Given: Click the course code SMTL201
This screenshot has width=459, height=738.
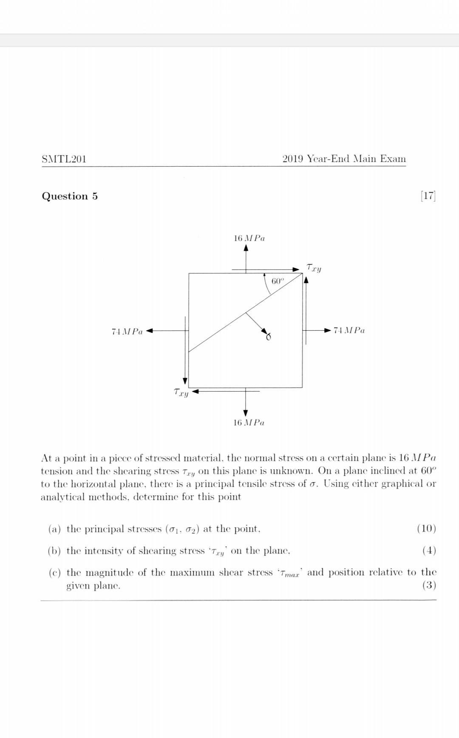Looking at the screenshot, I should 64,159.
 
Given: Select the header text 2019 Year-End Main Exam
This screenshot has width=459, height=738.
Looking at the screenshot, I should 344,159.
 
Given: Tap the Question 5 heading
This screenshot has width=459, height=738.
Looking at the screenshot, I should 70,196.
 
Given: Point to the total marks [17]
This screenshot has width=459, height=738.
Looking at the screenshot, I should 428,196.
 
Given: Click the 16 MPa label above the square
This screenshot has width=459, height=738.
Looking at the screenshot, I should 249,238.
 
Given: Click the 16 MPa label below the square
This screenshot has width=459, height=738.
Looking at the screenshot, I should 249,423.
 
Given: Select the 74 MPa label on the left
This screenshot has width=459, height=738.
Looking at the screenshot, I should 127,331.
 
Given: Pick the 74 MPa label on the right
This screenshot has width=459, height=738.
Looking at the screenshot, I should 349,330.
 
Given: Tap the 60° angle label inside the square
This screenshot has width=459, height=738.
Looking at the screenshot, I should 277,281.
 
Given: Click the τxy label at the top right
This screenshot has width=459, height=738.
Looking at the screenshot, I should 314,268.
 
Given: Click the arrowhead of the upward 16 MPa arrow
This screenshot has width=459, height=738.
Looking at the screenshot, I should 246,249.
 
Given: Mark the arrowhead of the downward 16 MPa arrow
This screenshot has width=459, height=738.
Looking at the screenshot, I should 246,413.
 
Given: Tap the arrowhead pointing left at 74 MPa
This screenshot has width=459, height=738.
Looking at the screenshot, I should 150,331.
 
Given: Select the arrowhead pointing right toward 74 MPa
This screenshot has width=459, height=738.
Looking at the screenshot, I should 327,330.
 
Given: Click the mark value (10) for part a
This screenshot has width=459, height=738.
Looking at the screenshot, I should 427,529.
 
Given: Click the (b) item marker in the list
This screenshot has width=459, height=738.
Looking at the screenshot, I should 54,551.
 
